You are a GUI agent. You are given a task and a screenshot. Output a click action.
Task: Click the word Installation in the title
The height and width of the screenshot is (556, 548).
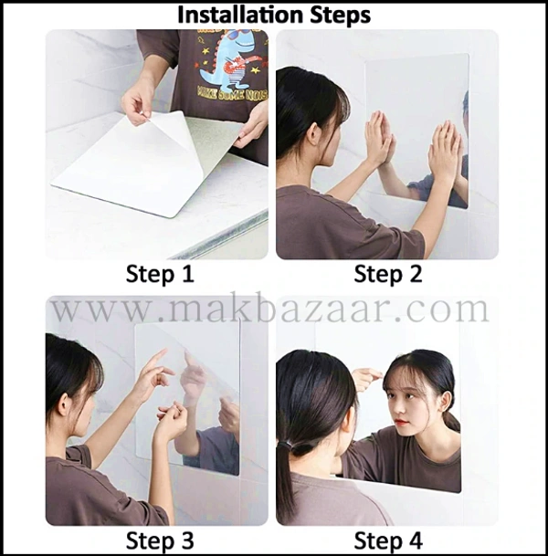pos(240,15)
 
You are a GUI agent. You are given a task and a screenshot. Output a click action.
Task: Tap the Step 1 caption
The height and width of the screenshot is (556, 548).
pos(160,274)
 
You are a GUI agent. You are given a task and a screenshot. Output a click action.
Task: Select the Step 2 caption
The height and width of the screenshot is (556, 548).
pos(388,274)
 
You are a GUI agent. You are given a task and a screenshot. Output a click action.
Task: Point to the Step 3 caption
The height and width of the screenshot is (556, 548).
pos(160,540)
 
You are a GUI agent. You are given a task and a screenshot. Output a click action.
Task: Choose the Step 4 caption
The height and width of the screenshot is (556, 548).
pos(388,540)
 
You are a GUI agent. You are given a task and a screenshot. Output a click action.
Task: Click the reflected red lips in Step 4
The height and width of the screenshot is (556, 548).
pos(401,422)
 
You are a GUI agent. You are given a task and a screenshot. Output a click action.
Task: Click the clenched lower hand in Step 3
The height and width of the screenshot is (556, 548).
pos(172,421)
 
